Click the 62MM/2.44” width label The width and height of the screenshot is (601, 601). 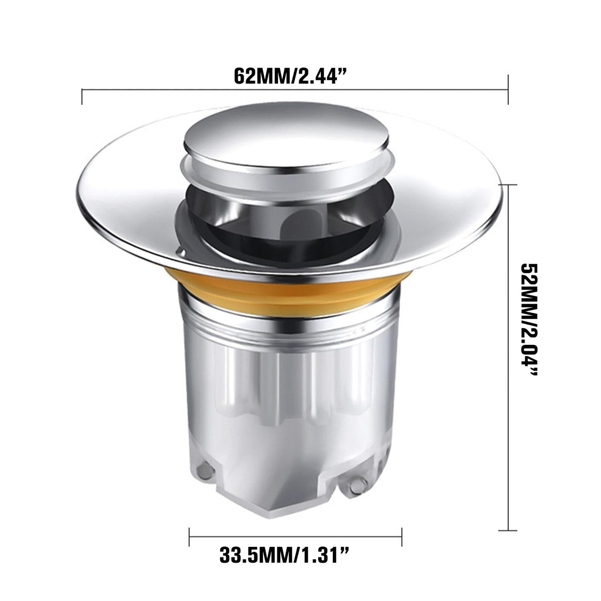point(290,76)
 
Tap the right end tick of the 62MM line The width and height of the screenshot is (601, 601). point(508,89)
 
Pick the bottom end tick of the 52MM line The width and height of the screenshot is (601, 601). point(508,530)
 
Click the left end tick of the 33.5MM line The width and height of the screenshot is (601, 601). point(190,537)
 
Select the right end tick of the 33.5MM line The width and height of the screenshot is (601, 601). point(401,537)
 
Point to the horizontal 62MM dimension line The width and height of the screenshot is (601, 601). point(208,89)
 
